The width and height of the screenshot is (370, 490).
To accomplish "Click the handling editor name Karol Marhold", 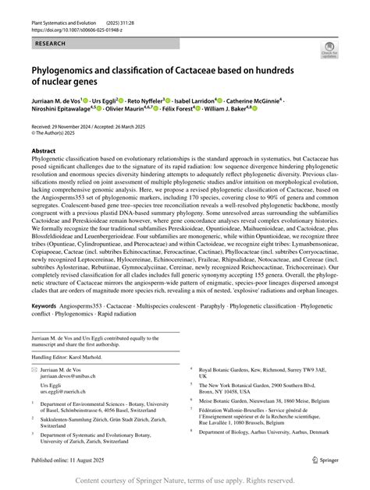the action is [93, 356].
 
